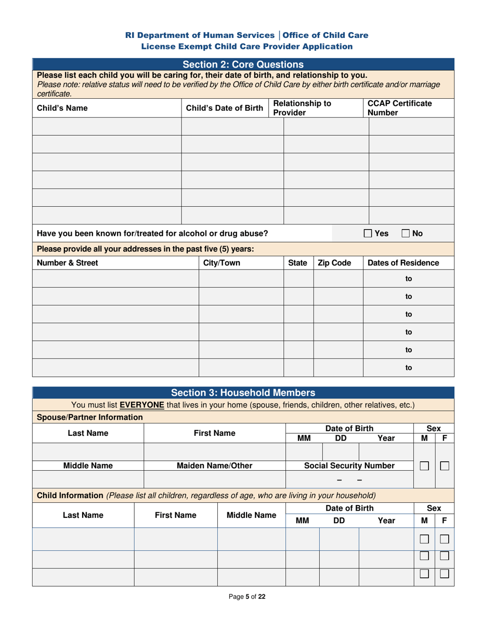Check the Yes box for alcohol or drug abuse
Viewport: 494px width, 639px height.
point(367,233)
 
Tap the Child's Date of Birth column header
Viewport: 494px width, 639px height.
point(225,108)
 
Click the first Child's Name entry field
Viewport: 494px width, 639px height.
point(107,126)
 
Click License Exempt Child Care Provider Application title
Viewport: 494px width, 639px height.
point(247,46)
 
